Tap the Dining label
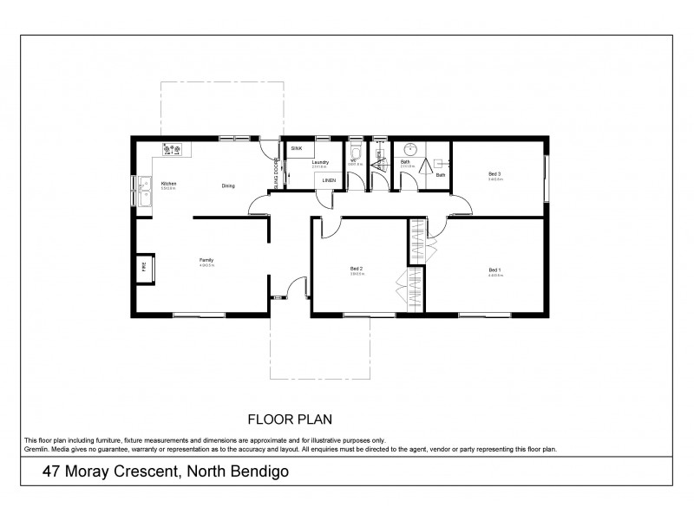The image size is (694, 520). [x=228, y=185]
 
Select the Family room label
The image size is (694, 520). [x=206, y=259]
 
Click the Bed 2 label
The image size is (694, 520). [x=357, y=270]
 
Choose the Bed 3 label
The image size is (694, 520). [x=495, y=174]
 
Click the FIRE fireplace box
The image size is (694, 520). [x=144, y=268]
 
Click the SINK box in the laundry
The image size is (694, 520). [x=297, y=149]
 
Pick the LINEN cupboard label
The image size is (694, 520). [x=329, y=180]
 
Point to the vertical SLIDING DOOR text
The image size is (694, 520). [x=276, y=174]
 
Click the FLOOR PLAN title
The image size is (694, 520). [x=291, y=418]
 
